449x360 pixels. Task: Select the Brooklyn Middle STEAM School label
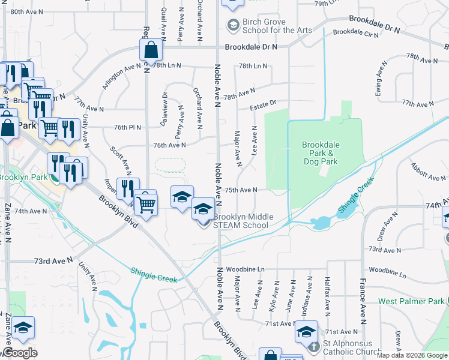241,221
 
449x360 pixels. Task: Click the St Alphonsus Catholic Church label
352,347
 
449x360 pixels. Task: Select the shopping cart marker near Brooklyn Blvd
146,204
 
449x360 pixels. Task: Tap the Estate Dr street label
264,106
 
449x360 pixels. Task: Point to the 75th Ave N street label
241,190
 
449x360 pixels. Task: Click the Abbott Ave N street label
428,171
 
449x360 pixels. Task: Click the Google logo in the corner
20,353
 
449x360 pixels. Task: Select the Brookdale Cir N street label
355,34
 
